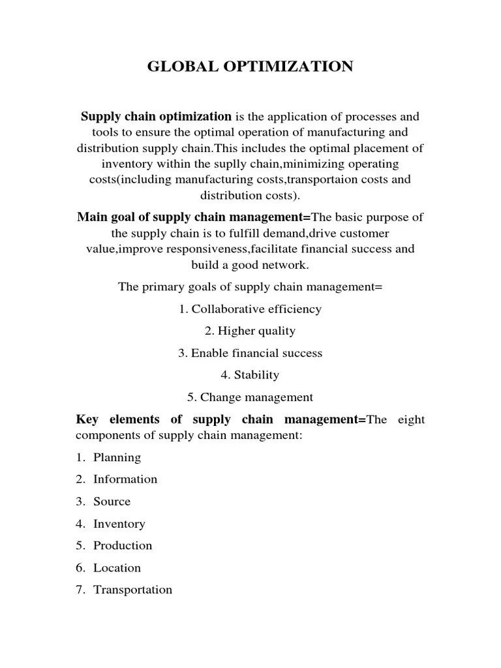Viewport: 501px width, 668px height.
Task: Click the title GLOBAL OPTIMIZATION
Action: pos(250,67)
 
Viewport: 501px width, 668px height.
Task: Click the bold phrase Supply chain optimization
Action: pos(156,117)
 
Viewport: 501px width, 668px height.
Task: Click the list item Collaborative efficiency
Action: pos(256,309)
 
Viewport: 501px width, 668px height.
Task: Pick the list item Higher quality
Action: pos(256,331)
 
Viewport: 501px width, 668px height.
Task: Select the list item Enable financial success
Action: pos(256,353)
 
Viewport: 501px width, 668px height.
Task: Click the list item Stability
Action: pos(256,375)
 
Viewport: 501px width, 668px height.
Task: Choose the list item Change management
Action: pos(256,397)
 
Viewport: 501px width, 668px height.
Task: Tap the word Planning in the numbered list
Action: pos(117,457)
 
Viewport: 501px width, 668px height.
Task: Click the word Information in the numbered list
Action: pos(125,479)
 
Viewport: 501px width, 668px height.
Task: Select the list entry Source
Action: pos(112,502)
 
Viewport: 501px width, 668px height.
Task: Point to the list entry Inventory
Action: pos(119,524)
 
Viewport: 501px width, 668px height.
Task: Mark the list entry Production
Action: pos(123,545)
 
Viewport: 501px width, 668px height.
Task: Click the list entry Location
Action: pos(117,568)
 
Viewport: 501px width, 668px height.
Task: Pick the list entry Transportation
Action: pos(133,590)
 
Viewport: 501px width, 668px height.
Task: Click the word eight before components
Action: pos(411,419)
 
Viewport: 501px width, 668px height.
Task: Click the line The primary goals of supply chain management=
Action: pos(250,287)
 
